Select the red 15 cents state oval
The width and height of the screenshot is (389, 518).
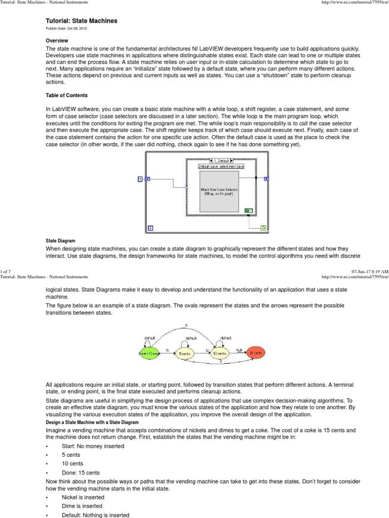click(x=256, y=352)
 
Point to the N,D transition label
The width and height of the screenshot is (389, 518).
click(x=240, y=350)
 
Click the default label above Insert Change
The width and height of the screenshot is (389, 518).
click(x=150, y=337)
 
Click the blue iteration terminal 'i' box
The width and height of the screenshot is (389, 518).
click(x=150, y=228)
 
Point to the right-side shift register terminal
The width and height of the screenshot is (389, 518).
click(x=267, y=179)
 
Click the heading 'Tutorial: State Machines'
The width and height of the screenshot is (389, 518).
click(x=82, y=21)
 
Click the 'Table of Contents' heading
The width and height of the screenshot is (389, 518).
click(x=66, y=95)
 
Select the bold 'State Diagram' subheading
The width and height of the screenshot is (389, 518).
click(x=60, y=241)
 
